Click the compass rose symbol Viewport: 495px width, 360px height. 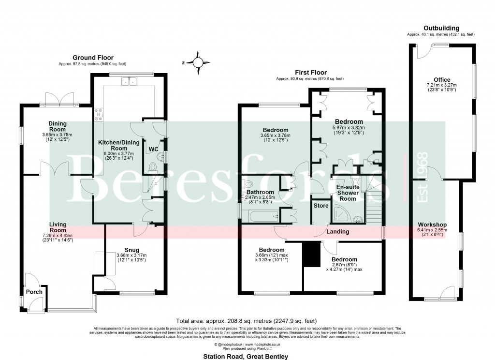[198, 62]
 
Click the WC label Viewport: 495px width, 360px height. [153, 149]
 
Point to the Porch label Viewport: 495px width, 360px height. [34, 292]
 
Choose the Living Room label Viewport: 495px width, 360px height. [58, 227]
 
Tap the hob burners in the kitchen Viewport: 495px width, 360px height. [99, 113]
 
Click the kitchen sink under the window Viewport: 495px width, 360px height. [130, 81]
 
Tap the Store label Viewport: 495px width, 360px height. [320, 205]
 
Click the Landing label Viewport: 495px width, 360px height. [338, 232]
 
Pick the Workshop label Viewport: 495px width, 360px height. [433, 225]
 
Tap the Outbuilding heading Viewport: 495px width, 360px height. [441, 28]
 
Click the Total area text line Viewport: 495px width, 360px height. [247, 320]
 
